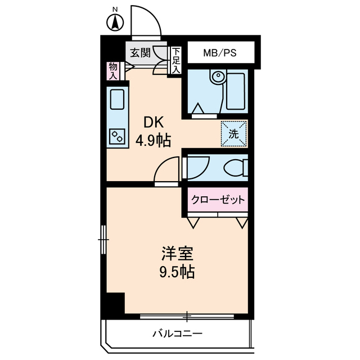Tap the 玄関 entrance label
pos(140,53)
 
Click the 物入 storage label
pos(113,70)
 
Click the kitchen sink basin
pos(118,101)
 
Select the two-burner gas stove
pos(118,136)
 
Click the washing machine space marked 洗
pos(234,133)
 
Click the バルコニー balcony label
pos(177,333)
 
